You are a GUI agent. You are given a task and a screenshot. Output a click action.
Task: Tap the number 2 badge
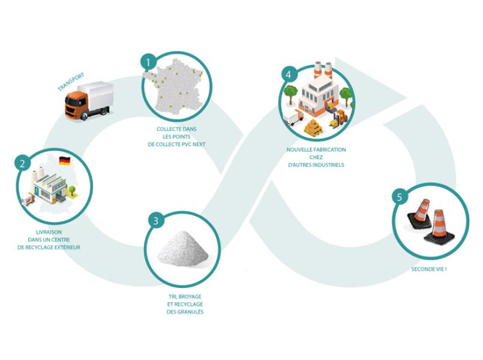pos(22,163)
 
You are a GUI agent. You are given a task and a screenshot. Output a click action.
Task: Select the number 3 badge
pos(155,221)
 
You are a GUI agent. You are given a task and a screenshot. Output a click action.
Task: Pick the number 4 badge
pos(289,74)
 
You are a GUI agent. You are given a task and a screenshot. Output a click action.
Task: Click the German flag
pos(64,161)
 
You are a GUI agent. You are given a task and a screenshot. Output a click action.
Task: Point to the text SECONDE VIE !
pos(428,269)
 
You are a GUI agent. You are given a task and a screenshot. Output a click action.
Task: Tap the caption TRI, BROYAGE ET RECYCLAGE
pos(185,304)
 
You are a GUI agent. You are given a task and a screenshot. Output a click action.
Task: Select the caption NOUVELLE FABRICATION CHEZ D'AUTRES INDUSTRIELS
pos(316,157)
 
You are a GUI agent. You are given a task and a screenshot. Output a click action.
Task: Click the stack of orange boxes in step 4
pos(313,127)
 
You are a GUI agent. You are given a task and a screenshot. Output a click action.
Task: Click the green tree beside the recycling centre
pos(73,191)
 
